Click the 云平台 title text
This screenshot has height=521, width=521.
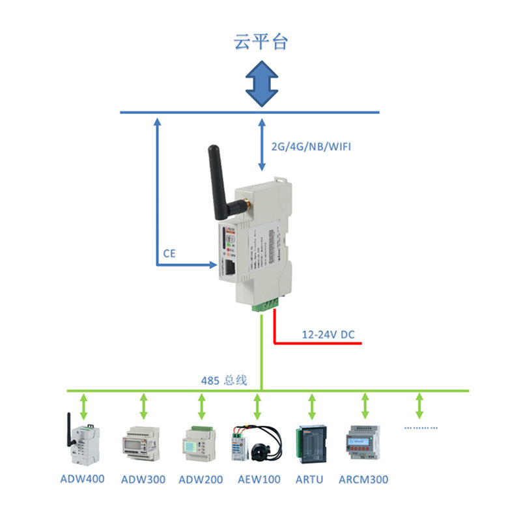(260, 42)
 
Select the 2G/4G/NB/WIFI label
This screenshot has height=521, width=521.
(311, 147)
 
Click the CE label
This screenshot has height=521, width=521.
(169, 253)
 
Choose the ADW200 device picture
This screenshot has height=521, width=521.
(199, 443)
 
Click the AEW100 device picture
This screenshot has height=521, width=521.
(257, 443)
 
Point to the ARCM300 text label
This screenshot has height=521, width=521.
(363, 480)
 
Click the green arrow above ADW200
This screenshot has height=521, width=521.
(200, 406)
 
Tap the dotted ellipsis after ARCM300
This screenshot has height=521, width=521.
(421, 428)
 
